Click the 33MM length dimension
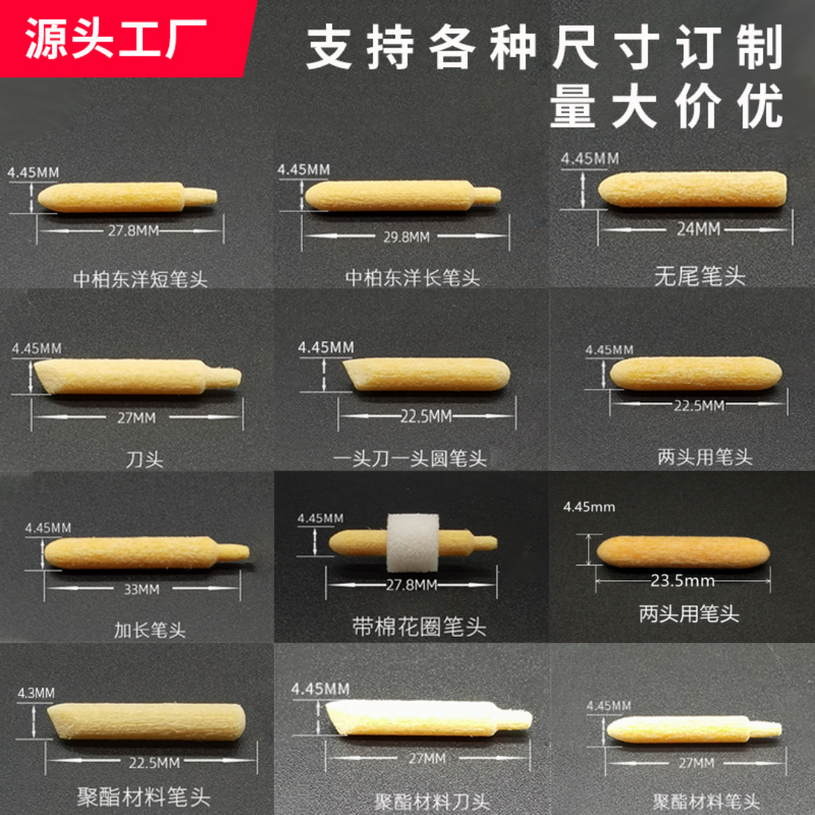[141, 589]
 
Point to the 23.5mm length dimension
[683, 581]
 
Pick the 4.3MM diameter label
[35, 693]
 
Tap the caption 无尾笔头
[700, 276]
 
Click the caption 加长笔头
[149, 630]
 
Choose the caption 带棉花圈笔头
[420, 626]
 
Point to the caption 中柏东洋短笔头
[140, 278]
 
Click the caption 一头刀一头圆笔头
[411, 458]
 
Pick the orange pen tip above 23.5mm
[683, 552]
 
